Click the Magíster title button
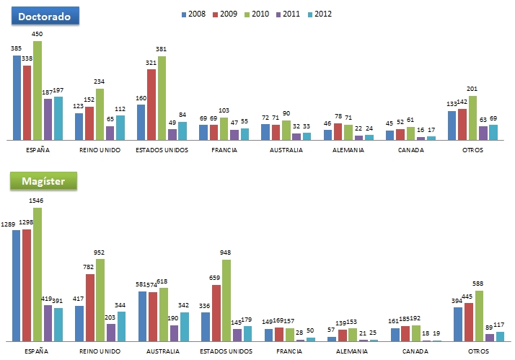43,181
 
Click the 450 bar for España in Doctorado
38,90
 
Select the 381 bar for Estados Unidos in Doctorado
162,97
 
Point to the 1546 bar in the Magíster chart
38,274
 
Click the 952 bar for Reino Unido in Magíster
100,299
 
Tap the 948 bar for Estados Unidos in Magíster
226,300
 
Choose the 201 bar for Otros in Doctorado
472,118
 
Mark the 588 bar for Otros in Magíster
478,315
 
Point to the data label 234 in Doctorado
100,82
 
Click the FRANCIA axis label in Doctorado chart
224,151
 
